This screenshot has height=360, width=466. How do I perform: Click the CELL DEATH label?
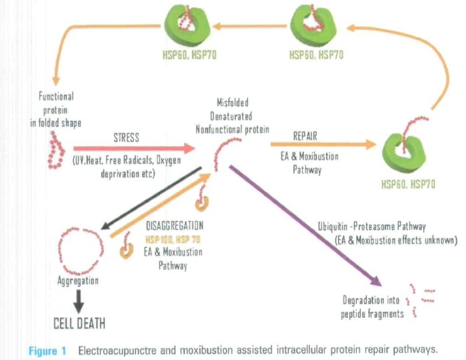pyautogui.click(x=79, y=324)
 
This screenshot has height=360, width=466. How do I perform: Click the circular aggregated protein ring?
pyautogui.click(x=79, y=247)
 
